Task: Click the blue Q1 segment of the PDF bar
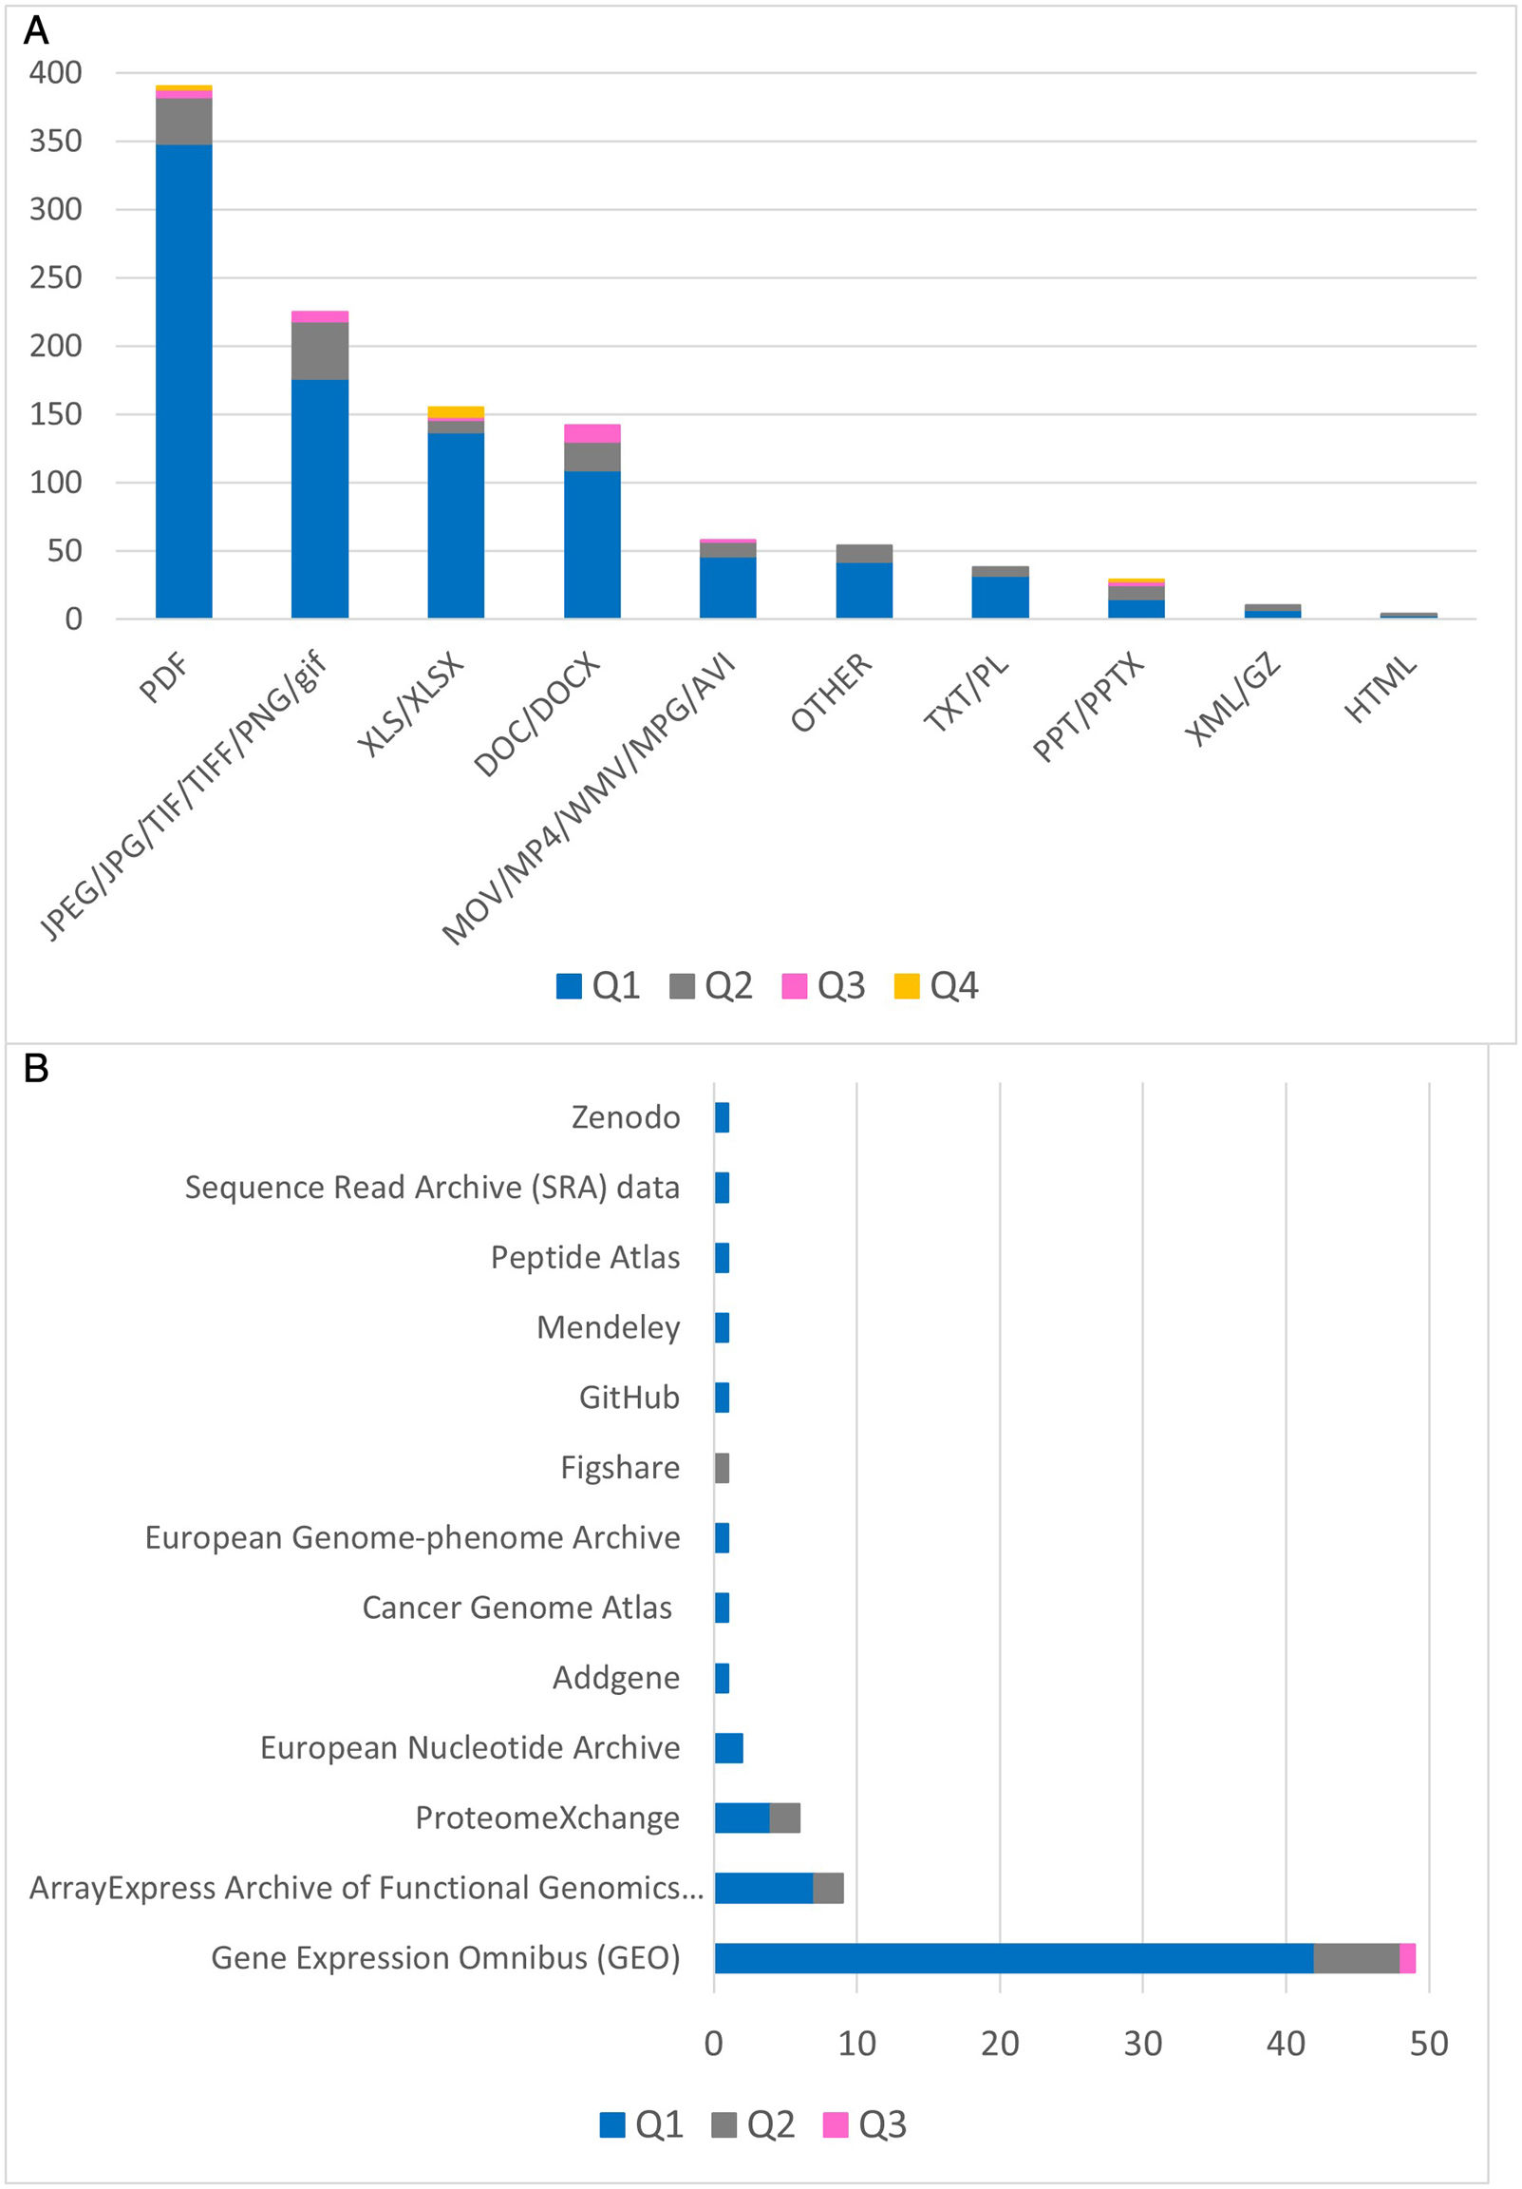pyautogui.click(x=184, y=381)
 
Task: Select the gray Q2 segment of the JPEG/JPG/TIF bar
pyautogui.click(x=319, y=351)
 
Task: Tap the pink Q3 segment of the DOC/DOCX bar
pyautogui.click(x=592, y=433)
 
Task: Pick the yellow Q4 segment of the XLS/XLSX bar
pyautogui.click(x=456, y=411)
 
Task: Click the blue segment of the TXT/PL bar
pyautogui.click(x=1000, y=597)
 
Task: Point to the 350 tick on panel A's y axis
pyautogui.click(x=55, y=142)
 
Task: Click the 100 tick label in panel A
pyautogui.click(x=55, y=483)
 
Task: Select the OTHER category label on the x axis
pyautogui.click(x=831, y=693)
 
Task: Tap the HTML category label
pyautogui.click(x=1380, y=690)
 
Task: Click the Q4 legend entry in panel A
pyautogui.click(x=937, y=986)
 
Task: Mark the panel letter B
pyautogui.click(x=36, y=1069)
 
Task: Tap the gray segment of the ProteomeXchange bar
pyautogui.click(x=784, y=1818)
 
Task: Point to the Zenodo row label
pyautogui.click(x=625, y=1117)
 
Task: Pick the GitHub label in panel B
pyautogui.click(x=629, y=1398)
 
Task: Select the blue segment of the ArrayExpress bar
pyautogui.click(x=763, y=1888)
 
